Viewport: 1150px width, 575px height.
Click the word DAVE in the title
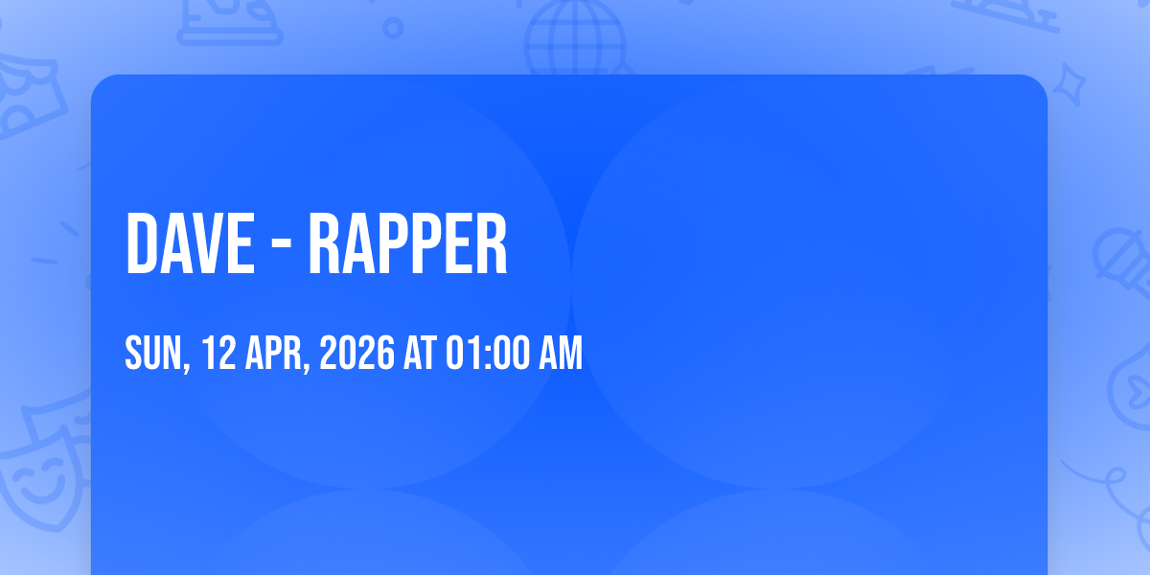190,243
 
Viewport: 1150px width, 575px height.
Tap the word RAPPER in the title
407,243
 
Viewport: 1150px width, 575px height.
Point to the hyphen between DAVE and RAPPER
282,246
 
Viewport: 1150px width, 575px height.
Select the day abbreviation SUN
153,353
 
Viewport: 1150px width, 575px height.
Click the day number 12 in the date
218,353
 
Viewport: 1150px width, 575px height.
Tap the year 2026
356,353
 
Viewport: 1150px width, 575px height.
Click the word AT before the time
420,353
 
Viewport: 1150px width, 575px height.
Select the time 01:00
487,353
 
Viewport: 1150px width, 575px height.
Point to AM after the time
560,353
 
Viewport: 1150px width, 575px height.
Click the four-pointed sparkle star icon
1069,84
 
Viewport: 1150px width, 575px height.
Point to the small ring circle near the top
393,28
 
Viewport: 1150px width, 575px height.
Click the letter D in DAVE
141,243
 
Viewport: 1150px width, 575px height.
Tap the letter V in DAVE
206,243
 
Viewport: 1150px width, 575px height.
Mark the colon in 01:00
487,356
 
